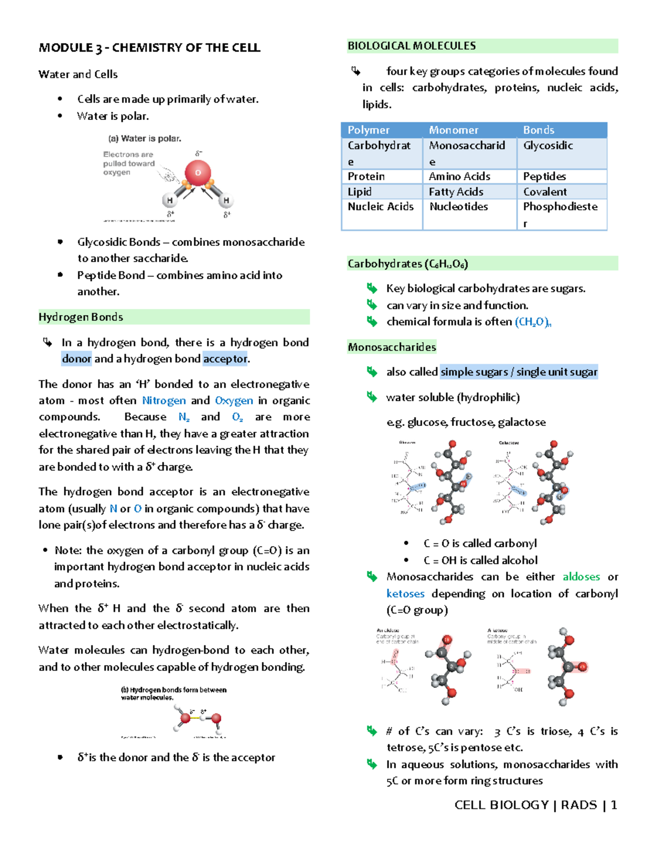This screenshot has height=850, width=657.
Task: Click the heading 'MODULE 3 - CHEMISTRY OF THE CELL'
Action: (149, 48)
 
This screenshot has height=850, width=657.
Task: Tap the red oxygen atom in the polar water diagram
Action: (198, 172)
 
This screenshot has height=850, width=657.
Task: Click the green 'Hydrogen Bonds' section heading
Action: (81, 317)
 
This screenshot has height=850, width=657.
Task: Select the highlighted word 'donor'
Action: (77, 359)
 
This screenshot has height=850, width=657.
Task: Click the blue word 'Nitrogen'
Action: (164, 401)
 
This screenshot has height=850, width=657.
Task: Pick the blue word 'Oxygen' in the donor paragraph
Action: (234, 401)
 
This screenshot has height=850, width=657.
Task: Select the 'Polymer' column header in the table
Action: (368, 130)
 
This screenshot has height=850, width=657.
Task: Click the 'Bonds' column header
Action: (538, 130)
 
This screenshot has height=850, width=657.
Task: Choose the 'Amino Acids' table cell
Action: (459, 176)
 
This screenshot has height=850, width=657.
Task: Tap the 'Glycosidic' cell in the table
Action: (547, 146)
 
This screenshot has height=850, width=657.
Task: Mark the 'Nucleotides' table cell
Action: (458, 207)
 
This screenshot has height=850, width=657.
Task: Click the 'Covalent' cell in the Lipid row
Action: (545, 192)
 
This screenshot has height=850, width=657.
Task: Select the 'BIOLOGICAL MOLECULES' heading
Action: (412, 46)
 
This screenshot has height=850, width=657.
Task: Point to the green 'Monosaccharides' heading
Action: (392, 347)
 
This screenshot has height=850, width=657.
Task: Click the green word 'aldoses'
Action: (581, 577)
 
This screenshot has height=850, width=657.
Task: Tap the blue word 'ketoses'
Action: (405, 594)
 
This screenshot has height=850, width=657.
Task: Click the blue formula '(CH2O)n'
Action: (533, 322)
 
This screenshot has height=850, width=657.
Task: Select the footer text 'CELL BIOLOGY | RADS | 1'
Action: (535, 805)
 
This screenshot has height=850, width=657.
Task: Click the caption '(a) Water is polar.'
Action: (145, 138)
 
